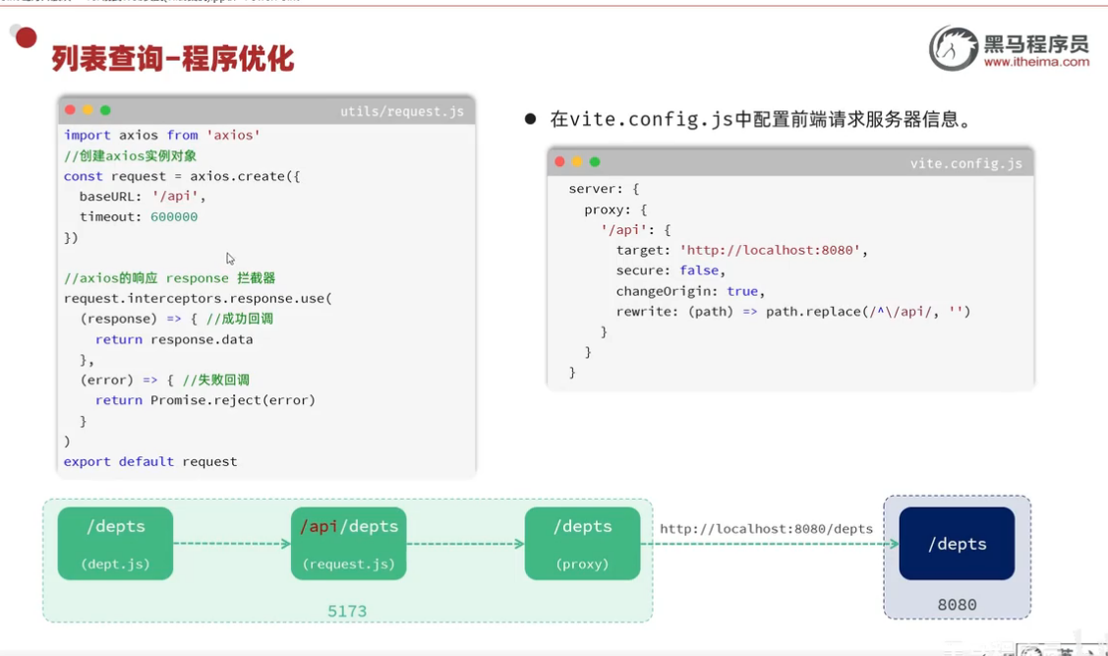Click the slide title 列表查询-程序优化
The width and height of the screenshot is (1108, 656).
[173, 58]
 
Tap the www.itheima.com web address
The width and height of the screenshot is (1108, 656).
[1036, 62]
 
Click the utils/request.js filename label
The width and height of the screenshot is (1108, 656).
[401, 111]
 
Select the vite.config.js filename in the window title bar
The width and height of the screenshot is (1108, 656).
[965, 163]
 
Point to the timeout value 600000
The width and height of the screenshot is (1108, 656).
[174, 216]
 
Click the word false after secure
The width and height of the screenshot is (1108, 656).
[699, 270]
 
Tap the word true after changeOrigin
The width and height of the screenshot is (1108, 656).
[742, 291]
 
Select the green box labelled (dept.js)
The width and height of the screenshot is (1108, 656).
[115, 543]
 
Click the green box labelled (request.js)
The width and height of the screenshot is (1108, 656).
[348, 543]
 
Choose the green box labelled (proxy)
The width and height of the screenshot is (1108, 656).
[582, 543]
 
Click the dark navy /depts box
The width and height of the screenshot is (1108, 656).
[957, 543]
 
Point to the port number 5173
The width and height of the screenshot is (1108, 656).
[347, 611]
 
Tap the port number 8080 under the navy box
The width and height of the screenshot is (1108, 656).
[957, 605]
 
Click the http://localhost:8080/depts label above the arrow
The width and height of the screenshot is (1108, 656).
[766, 528]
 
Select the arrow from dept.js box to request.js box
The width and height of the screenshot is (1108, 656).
[232, 543]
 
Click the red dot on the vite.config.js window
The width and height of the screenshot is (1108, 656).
[559, 162]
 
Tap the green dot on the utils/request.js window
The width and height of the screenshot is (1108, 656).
[105, 110]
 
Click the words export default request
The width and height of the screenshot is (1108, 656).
[150, 461]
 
